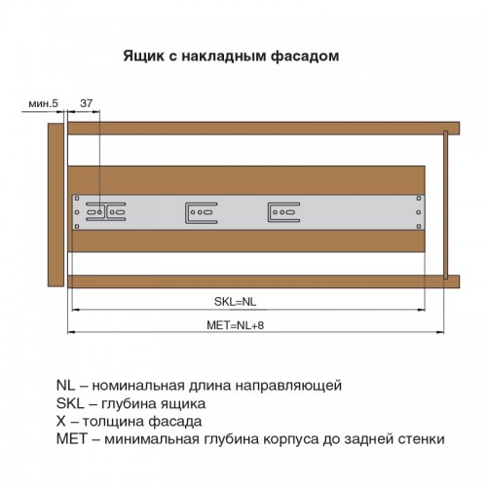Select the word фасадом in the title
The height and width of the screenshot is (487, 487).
(x=305, y=56)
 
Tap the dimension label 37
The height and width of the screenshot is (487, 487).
(x=86, y=103)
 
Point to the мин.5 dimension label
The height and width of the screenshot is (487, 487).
(x=43, y=103)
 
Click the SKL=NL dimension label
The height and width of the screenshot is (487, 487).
(x=235, y=302)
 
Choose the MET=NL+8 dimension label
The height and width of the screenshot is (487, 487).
(x=236, y=325)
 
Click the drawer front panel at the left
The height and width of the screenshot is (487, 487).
(x=56, y=205)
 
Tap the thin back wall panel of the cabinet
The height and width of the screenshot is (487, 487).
(x=446, y=205)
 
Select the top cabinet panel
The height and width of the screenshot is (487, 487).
(x=264, y=129)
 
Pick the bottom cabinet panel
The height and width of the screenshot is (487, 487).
(x=264, y=281)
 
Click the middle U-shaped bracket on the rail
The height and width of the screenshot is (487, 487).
(x=202, y=213)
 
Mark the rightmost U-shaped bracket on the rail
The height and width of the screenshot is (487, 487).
(x=283, y=212)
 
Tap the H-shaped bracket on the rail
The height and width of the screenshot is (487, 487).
(x=106, y=212)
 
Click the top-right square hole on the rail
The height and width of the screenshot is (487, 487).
(x=419, y=199)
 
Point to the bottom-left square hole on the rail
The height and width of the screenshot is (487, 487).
(x=77, y=226)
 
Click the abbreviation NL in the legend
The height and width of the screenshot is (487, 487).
(x=65, y=386)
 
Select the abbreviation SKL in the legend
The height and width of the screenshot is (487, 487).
(x=70, y=403)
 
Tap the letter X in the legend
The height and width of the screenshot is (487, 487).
(x=61, y=421)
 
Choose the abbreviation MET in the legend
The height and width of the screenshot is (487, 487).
(x=72, y=438)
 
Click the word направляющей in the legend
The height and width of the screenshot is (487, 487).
(x=288, y=386)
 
